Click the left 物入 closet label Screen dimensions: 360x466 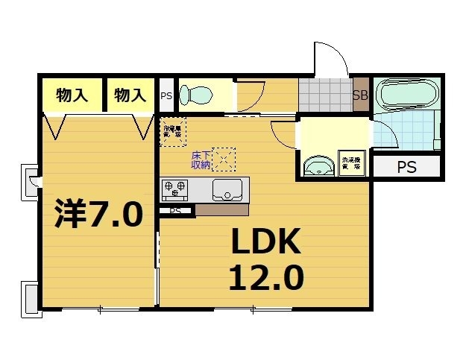tap(72, 95)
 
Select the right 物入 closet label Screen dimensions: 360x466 tap(130, 95)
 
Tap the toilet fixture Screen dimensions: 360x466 tap(197, 95)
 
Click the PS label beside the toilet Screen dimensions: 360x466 tap(166, 95)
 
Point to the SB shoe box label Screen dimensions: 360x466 tap(360, 95)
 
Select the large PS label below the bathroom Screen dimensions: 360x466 tap(406, 167)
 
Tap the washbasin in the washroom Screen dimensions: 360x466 tap(320, 165)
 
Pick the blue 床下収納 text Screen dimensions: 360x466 tap(201, 160)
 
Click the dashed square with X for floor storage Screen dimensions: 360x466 tap(224, 159)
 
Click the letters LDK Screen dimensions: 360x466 tap(264, 242)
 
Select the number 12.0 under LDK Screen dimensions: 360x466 tap(265, 277)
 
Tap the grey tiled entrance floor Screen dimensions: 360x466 tap(325, 95)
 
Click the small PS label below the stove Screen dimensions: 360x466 tap(175, 211)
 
